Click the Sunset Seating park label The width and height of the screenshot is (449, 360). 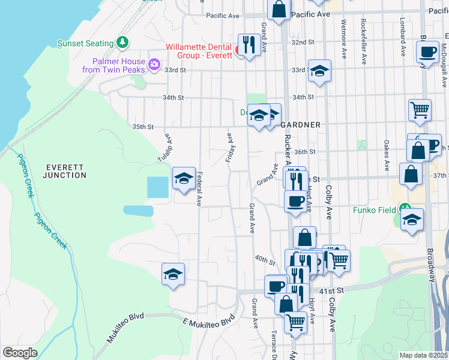(x=85, y=43)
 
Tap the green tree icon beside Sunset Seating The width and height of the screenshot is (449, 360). (x=122, y=43)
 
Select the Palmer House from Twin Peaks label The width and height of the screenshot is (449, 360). (x=119, y=65)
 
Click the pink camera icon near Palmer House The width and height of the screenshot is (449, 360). (x=154, y=63)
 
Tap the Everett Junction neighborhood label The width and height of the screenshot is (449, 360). (x=65, y=170)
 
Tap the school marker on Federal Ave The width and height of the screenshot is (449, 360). (x=184, y=178)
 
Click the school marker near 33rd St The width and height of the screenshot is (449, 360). (x=320, y=71)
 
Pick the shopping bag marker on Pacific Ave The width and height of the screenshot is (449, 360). (x=279, y=10)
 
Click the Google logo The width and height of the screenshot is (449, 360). (x=20, y=353)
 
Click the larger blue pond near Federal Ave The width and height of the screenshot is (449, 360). (x=158, y=187)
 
